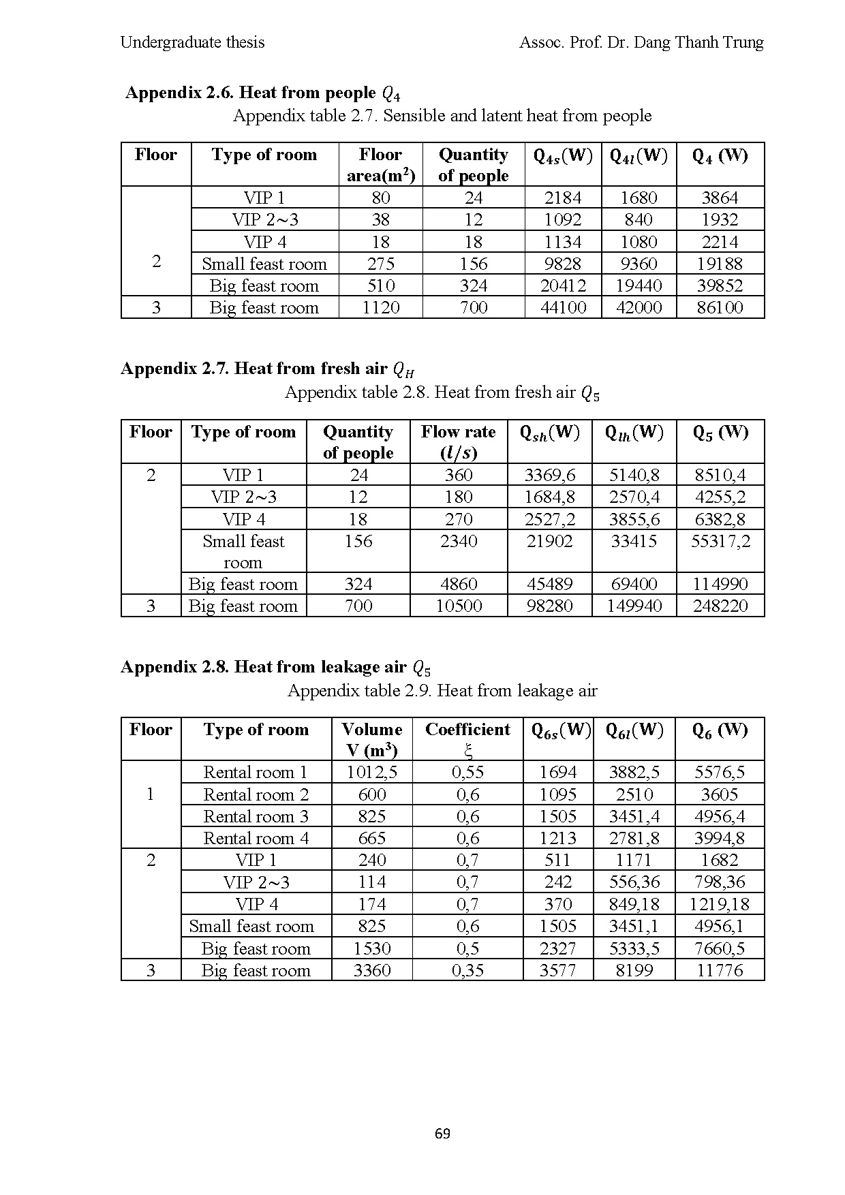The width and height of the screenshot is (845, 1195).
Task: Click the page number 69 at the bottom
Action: (442, 1134)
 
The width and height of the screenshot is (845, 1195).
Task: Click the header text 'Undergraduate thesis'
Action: (192, 42)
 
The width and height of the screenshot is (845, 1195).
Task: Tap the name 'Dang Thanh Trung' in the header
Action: (698, 42)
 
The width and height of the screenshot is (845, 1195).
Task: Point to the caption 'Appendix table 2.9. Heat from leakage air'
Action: (442, 691)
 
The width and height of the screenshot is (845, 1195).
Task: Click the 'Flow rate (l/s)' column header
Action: (459, 441)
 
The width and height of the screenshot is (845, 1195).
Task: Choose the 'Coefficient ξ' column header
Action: (467, 739)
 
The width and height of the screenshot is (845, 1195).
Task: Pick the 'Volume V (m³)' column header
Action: (371, 739)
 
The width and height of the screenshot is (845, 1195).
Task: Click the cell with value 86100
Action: (720, 307)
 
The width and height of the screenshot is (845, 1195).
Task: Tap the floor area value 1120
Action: (381, 307)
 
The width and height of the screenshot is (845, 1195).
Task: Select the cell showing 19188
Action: (720, 264)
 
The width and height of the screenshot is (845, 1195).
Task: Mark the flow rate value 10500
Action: (459, 606)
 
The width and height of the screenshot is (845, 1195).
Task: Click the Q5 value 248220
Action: (720, 606)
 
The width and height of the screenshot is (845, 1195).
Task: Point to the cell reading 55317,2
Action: (720, 542)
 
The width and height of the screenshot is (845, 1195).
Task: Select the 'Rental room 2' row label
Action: (256, 794)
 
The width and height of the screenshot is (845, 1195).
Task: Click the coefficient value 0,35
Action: (467, 970)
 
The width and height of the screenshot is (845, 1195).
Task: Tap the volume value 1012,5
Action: (371, 773)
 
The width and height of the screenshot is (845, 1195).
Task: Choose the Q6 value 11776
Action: (720, 970)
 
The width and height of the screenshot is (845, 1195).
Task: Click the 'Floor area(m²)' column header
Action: (381, 165)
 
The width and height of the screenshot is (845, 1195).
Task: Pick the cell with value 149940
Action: (634, 606)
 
